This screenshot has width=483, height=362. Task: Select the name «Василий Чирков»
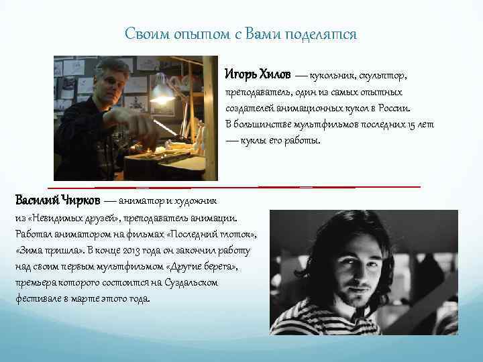coord(57,200)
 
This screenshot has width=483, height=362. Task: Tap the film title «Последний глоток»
coord(210,234)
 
